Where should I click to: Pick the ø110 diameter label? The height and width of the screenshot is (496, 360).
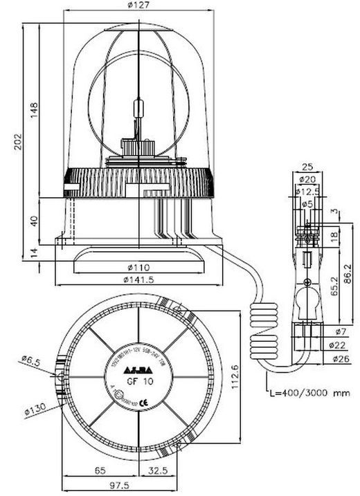[139, 266]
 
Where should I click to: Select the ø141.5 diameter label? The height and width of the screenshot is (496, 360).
[138, 279]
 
